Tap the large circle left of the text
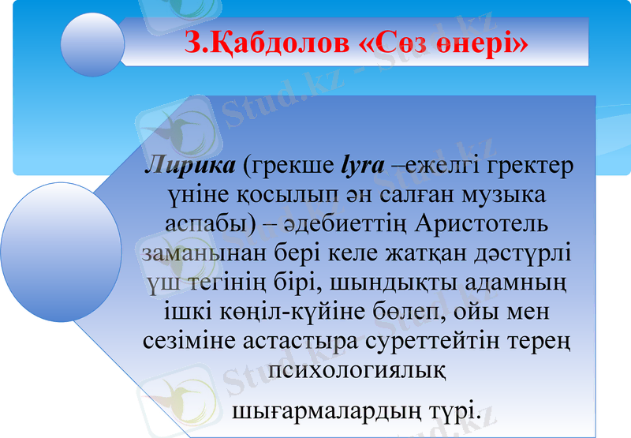coord(47,237)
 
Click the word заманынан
coord(200,253)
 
